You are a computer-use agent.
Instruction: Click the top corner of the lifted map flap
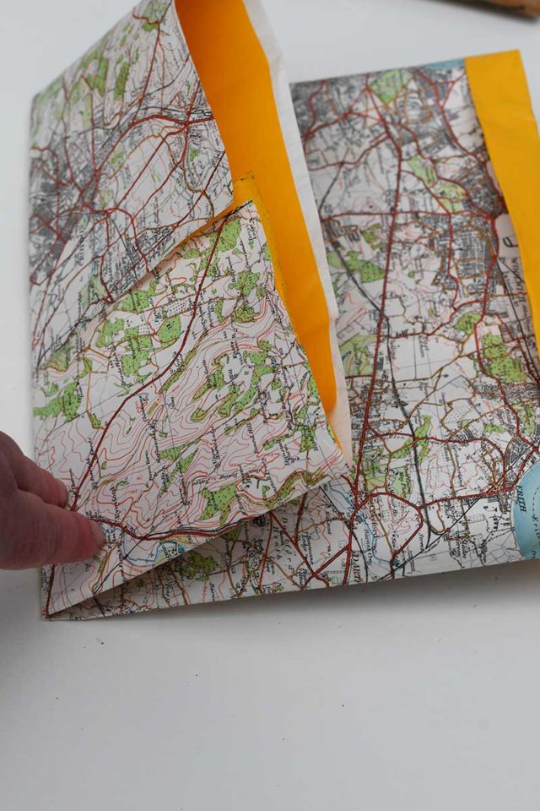169,4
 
